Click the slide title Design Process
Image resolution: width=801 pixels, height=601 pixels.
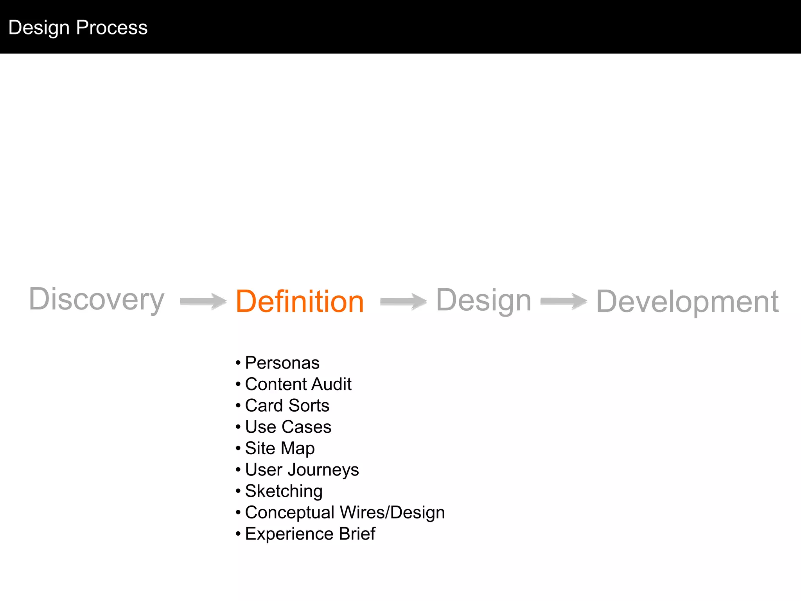click(78, 27)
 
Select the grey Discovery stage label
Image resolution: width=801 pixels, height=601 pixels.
click(97, 300)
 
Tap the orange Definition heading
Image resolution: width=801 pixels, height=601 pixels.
click(300, 301)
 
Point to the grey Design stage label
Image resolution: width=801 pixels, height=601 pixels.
click(483, 300)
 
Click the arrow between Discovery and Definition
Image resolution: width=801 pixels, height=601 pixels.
click(203, 301)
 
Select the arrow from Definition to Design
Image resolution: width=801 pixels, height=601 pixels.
click(403, 301)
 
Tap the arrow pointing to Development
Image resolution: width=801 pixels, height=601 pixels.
click(564, 301)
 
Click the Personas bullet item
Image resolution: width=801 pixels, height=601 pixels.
click(282, 363)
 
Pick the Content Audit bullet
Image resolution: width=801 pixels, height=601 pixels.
click(298, 384)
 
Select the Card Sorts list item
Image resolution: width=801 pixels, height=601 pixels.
click(287, 405)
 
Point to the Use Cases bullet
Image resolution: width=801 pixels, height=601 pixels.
click(288, 427)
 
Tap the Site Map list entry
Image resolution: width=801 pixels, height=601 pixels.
click(280, 448)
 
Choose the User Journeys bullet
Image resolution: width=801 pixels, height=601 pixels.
click(302, 470)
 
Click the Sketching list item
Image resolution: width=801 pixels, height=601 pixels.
click(284, 491)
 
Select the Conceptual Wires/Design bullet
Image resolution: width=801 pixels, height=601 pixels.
click(345, 513)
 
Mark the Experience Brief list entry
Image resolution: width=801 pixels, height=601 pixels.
click(310, 534)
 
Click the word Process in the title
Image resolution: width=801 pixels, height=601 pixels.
click(112, 27)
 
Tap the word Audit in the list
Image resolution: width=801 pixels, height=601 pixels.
click(332, 384)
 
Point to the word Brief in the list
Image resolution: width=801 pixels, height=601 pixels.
click(357, 534)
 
